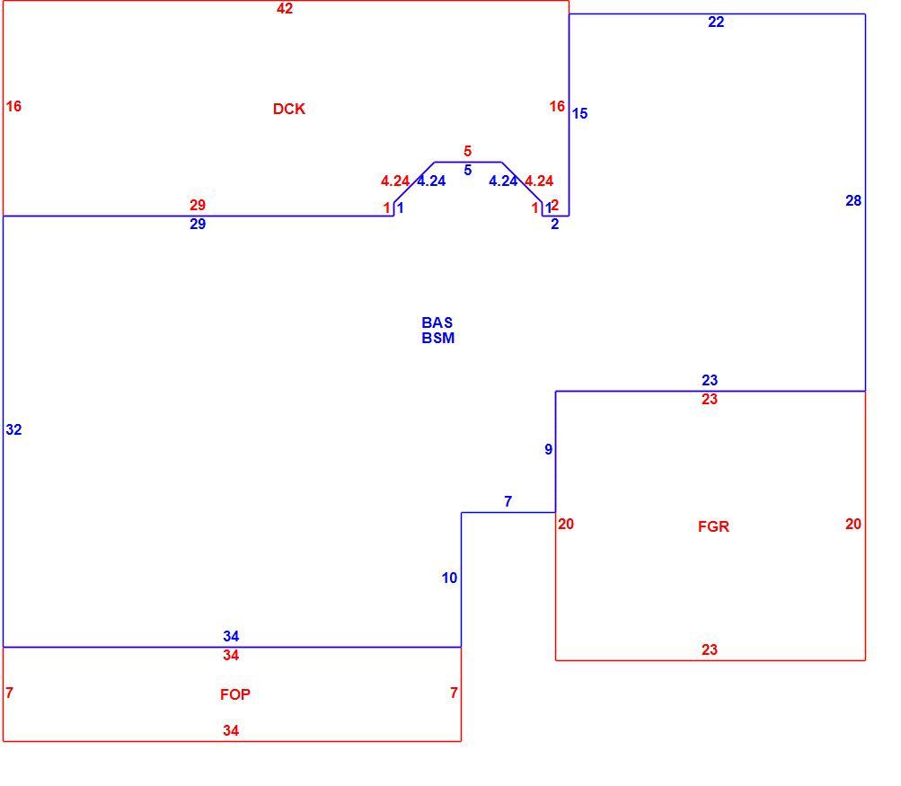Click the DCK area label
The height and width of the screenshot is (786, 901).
pyautogui.click(x=288, y=110)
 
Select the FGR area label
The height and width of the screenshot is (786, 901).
pyautogui.click(x=713, y=527)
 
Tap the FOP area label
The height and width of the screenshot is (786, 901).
pyautogui.click(x=235, y=694)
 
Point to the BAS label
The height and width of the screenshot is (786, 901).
pyautogui.click(x=437, y=322)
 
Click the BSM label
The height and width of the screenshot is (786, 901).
pyautogui.click(x=437, y=338)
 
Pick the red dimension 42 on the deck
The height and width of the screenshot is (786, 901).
pyautogui.click(x=285, y=9)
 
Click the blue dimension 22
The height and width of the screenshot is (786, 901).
pyautogui.click(x=716, y=22)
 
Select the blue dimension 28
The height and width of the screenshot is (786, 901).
pyautogui.click(x=853, y=200)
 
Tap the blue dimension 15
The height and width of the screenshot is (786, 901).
pyautogui.click(x=579, y=114)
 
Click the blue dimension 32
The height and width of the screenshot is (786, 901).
pyautogui.click(x=13, y=429)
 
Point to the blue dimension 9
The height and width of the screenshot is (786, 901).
pyautogui.click(x=549, y=449)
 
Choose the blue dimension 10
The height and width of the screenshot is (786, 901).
pyautogui.click(x=449, y=578)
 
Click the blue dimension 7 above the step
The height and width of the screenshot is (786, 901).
pyautogui.click(x=508, y=501)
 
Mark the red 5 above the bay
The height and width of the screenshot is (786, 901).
pyautogui.click(x=468, y=151)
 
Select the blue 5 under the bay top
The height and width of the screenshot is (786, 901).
pyautogui.click(x=468, y=170)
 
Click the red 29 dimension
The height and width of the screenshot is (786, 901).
pyautogui.click(x=198, y=205)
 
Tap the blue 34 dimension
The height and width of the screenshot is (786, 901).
pyautogui.click(x=231, y=636)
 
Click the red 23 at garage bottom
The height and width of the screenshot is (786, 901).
pyautogui.click(x=710, y=649)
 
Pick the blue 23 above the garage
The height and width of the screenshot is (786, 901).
pyautogui.click(x=710, y=380)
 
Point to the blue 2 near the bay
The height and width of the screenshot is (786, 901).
pyautogui.click(x=554, y=224)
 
